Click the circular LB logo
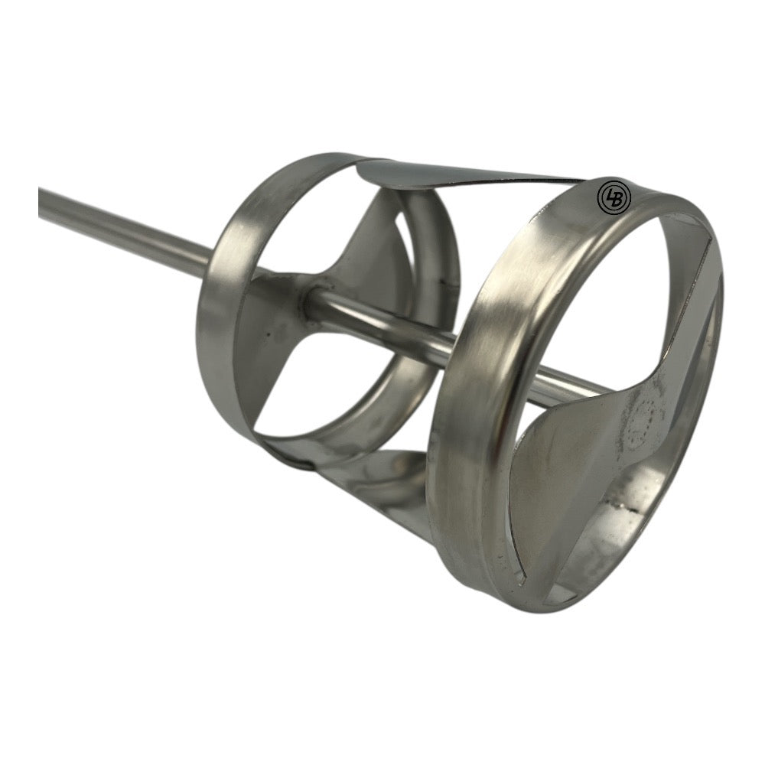coord(614,196)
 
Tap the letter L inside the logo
coord(610,196)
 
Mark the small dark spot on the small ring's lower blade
coord(266,334)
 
